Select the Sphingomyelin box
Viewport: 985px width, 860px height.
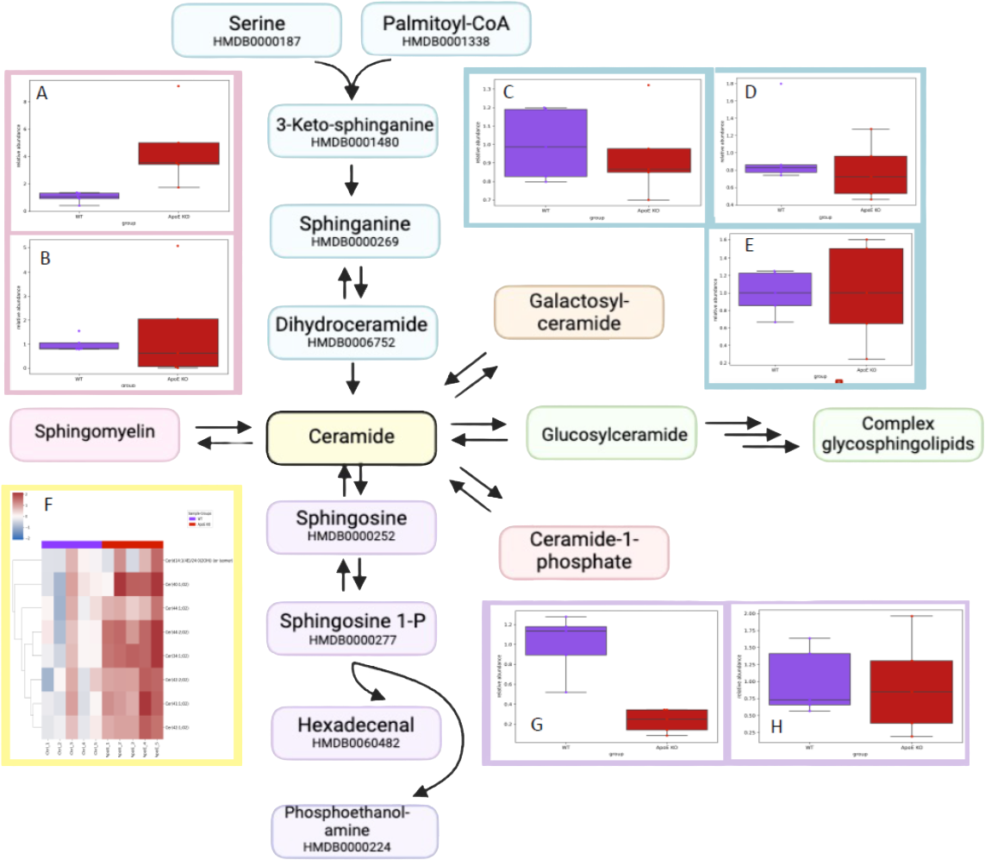coord(95,431)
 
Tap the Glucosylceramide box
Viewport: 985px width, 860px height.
coord(614,434)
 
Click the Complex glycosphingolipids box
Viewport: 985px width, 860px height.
coord(898,434)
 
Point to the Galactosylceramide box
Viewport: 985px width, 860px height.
coord(578,313)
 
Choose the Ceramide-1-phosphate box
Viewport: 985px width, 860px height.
coord(583,551)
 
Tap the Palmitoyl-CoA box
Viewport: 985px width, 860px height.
coord(446,31)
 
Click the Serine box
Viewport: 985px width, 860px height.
coord(257,31)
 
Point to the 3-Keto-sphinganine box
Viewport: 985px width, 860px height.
coord(355,131)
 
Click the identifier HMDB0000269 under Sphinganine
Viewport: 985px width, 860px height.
coord(355,242)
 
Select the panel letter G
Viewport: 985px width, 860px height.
coord(536,725)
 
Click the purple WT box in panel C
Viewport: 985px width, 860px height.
coord(545,143)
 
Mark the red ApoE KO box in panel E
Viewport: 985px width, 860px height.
coord(866,286)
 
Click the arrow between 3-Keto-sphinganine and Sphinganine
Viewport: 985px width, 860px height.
coord(351,182)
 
